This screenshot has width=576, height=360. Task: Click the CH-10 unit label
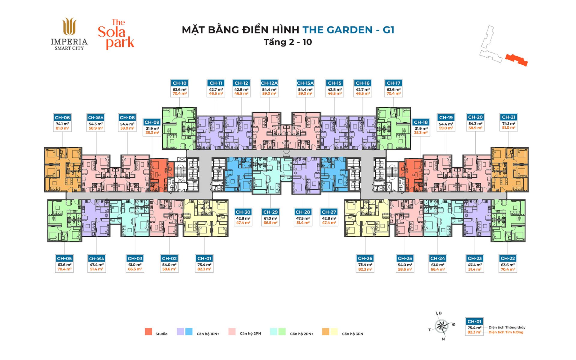(179, 83)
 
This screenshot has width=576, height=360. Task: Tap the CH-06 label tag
(62, 118)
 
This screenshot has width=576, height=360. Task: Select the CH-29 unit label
(270, 212)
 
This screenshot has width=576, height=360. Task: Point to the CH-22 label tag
(508, 258)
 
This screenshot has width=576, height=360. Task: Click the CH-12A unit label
(269, 83)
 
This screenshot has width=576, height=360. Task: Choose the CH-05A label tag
(97, 259)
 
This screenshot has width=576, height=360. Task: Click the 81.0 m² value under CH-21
(508, 127)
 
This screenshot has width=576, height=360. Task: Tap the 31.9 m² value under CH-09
(152, 129)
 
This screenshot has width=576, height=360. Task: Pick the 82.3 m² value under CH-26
(365, 269)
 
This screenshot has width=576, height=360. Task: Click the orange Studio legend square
(148, 331)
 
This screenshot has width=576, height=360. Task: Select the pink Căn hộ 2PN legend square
(232, 331)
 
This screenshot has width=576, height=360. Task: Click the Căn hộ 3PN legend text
(352, 334)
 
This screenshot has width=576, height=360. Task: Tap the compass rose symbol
(442, 326)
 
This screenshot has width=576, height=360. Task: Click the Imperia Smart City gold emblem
(69, 26)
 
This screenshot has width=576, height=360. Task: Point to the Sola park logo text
(116, 34)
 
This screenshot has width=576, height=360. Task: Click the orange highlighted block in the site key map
(517, 60)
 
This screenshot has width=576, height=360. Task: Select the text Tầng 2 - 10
(288, 42)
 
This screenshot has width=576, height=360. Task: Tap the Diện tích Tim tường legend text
(506, 332)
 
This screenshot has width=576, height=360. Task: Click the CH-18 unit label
(421, 122)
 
